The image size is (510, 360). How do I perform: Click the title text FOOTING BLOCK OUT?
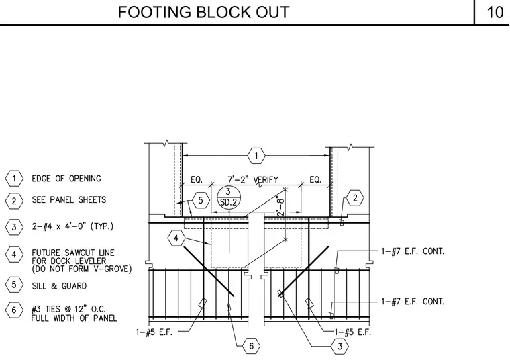click(203, 12)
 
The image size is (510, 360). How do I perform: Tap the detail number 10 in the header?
click(495, 12)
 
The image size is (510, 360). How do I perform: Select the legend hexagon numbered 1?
click(14, 179)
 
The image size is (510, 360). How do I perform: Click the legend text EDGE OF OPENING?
click(66, 179)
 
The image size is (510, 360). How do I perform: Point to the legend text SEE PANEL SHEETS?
click(69, 199)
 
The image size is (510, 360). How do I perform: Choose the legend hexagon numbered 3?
click(14, 226)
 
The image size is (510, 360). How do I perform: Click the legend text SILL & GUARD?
click(59, 286)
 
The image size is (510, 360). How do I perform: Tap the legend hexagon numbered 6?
click(14, 310)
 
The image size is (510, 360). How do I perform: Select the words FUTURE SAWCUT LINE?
click(73, 253)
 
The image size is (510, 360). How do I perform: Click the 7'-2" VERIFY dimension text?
click(253, 180)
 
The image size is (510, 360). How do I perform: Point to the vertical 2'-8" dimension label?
click(280, 206)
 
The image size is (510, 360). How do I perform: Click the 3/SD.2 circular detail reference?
click(229, 197)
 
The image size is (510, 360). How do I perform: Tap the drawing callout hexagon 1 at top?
click(256, 156)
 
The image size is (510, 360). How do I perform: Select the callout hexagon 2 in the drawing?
click(355, 198)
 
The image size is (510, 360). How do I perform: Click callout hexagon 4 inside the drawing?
click(176, 238)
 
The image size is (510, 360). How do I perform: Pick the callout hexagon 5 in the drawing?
click(201, 201)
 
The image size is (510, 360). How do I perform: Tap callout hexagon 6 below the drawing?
click(251, 346)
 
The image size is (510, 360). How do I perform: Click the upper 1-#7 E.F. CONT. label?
click(413, 251)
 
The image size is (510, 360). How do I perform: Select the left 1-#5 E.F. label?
click(154, 332)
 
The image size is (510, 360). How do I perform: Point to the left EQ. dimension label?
click(197, 180)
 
